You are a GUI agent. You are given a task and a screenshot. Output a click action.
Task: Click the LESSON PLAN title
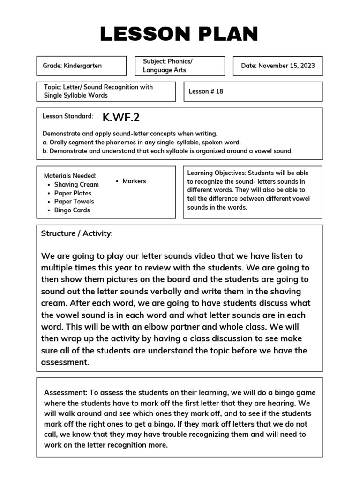tap(179, 34)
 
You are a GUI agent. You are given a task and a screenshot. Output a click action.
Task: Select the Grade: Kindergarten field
tap(72, 66)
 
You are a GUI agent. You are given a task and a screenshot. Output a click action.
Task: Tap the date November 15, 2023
tap(278, 66)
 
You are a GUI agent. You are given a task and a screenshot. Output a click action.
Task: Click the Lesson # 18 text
tap(206, 91)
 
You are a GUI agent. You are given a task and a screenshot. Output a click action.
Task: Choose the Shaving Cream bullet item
tap(76, 185)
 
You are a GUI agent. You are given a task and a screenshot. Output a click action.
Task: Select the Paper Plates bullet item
tap(73, 193)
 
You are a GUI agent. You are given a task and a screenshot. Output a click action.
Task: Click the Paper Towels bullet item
tap(74, 202)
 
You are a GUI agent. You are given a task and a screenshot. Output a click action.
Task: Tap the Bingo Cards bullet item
tap(72, 210)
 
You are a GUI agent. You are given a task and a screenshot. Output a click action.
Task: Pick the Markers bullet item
tap(134, 181)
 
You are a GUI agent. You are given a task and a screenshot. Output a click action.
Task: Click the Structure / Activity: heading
tap(77, 233)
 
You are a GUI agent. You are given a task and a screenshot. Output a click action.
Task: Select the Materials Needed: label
tap(70, 176)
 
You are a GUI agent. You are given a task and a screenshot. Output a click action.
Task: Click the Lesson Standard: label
tap(67, 116)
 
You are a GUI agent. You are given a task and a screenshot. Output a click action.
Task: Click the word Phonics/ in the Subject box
tap(180, 62)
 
